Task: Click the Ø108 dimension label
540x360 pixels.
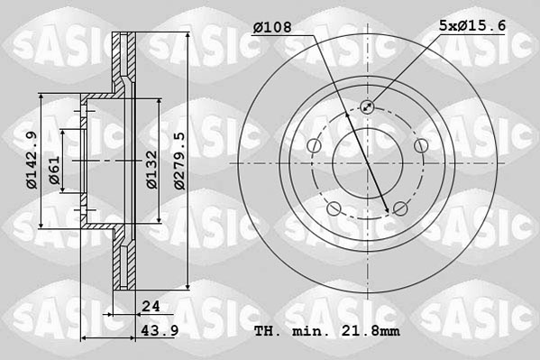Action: (272, 27)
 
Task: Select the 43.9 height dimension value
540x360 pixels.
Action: (157, 333)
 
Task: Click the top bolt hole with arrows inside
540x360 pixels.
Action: (367, 107)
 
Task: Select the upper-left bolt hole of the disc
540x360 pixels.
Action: (313, 147)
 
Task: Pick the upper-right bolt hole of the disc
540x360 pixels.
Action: (421, 147)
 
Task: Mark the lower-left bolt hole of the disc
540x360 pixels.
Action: (334, 210)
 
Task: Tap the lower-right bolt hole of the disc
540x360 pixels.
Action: (400, 210)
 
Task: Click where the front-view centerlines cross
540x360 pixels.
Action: (367, 164)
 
